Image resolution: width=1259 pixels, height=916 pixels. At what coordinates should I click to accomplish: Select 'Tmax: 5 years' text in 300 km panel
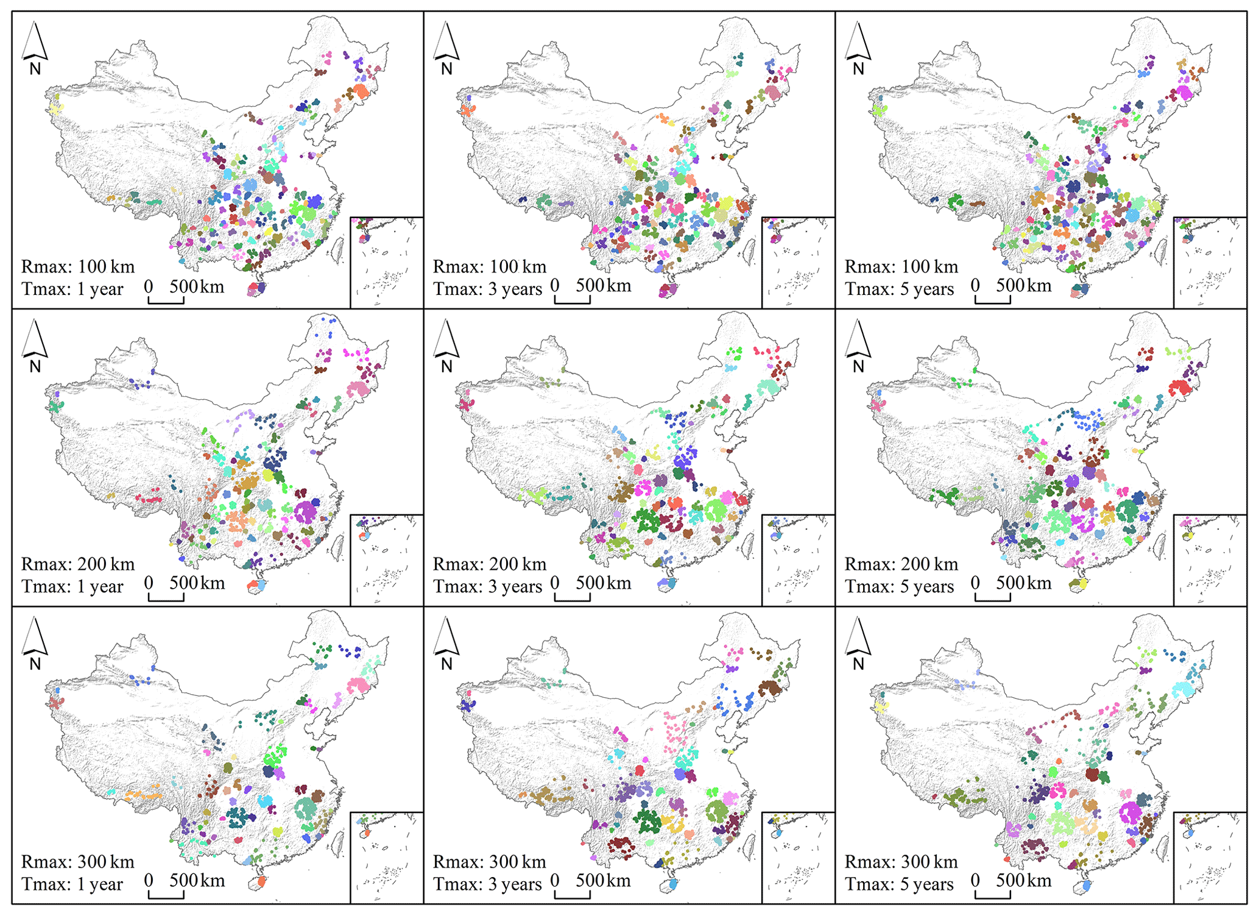(899, 884)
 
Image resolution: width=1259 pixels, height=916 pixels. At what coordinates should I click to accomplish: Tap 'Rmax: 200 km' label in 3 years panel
(490, 564)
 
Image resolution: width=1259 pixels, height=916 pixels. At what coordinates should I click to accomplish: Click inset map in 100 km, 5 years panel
(1210, 263)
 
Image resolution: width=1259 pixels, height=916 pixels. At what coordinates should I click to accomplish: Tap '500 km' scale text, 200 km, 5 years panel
(1023, 583)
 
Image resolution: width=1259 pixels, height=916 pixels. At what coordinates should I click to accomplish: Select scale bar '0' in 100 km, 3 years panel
(555, 285)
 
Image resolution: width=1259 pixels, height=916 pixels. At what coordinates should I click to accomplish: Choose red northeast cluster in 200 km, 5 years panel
(1180, 388)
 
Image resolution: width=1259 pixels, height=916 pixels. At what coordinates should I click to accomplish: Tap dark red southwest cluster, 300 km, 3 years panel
(621, 845)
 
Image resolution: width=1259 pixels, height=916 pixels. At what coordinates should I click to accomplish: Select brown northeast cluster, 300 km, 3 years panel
(770, 688)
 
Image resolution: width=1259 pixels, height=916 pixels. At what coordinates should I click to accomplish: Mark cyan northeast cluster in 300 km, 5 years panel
(1183, 690)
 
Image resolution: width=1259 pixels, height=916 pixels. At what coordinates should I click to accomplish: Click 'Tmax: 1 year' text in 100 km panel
(72, 289)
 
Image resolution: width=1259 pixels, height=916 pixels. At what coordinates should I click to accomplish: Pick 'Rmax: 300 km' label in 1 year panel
(78, 862)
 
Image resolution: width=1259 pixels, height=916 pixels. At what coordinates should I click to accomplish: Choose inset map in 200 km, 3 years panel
(798, 560)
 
